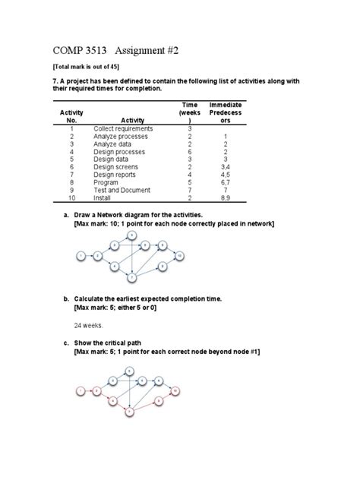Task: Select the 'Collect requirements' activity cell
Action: (x=122, y=128)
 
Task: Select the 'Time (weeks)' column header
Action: (x=191, y=112)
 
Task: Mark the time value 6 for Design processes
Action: (x=190, y=151)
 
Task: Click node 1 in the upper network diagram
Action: (x=81, y=257)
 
